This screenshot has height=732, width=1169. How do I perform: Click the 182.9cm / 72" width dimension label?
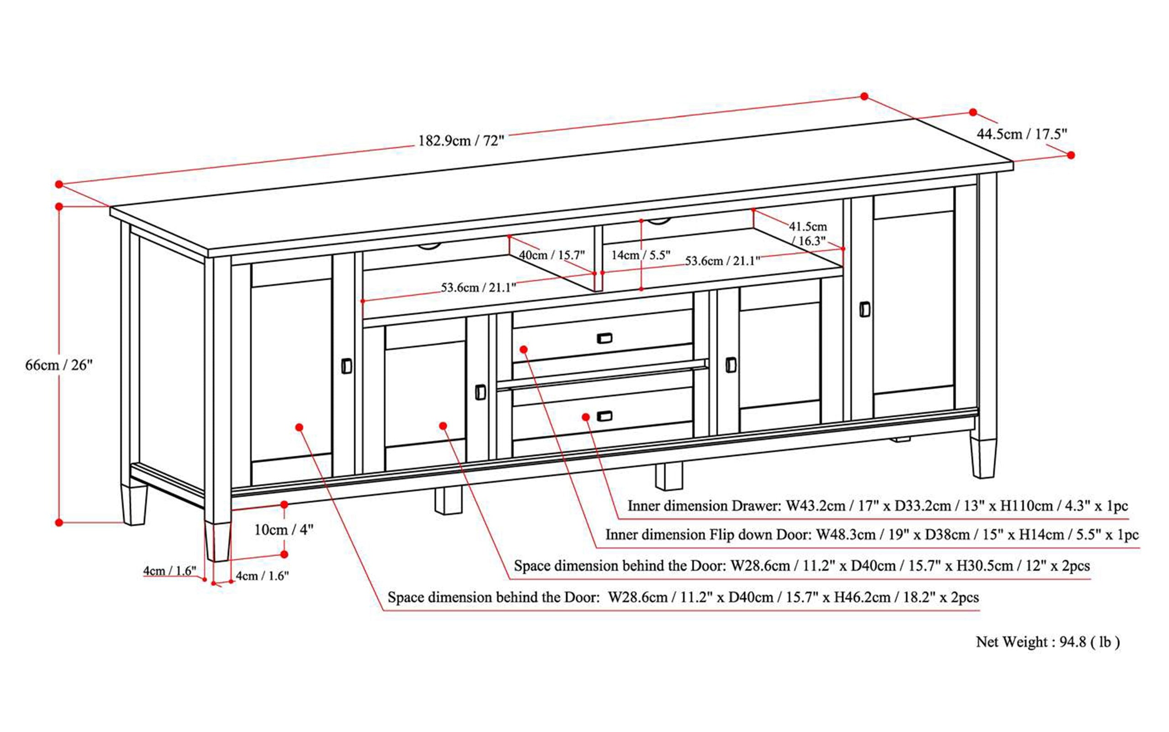[x=461, y=141]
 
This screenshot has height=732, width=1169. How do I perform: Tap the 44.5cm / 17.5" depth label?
[x=1022, y=134]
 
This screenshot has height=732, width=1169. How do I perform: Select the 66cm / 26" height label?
[x=58, y=365]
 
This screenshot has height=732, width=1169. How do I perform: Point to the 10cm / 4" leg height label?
[x=284, y=530]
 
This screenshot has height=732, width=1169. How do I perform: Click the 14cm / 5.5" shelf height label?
[x=640, y=255]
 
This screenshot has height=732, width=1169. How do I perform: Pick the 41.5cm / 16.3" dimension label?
[x=808, y=233]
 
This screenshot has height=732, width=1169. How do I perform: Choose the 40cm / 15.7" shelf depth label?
[x=552, y=255]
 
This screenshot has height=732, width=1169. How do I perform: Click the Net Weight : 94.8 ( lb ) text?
[x=1048, y=642]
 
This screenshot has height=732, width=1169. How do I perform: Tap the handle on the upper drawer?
[x=604, y=338]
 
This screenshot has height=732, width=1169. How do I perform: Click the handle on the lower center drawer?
[x=604, y=416]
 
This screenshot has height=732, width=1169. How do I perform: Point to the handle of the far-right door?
[x=864, y=309]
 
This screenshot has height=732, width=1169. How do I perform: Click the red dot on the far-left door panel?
[x=299, y=427]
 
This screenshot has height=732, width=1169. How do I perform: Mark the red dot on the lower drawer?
[x=586, y=417]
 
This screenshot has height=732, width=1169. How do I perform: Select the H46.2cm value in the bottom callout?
[x=862, y=597]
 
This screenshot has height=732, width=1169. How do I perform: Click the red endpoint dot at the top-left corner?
[x=59, y=184]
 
